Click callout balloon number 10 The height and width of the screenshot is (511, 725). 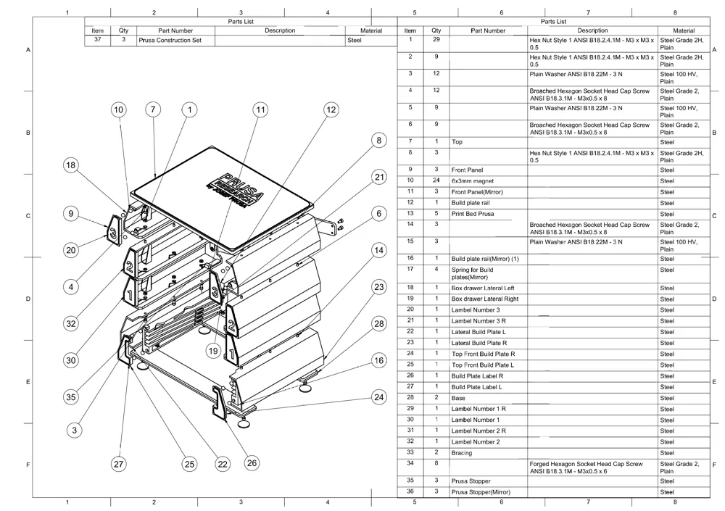pos(118,109)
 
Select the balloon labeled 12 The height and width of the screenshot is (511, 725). pos(331,109)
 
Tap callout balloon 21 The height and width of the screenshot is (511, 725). pos(378,177)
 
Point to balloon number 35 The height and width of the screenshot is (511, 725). pos(70,396)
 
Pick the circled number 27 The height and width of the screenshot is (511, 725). pos(118,464)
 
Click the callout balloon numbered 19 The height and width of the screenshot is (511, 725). pos(213,351)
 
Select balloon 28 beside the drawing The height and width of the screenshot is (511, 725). pos(378,323)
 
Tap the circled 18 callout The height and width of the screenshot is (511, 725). pos(70,165)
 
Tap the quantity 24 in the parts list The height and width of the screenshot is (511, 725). pos(436,180)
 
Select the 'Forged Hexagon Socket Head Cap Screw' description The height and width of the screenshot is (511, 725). pos(586,463)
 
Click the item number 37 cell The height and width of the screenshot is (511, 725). pos(97,41)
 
